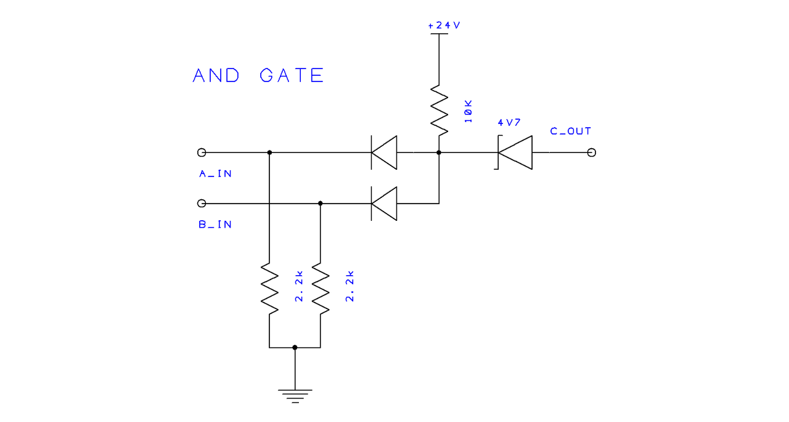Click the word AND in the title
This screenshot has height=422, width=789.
pyautogui.click(x=216, y=76)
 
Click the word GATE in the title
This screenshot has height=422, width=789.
pyautogui.click(x=292, y=76)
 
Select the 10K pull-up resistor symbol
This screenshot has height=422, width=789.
pyautogui.click(x=439, y=109)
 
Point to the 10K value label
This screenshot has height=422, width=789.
pyautogui.click(x=468, y=112)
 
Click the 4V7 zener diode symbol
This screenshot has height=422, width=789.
pyautogui.click(x=514, y=152)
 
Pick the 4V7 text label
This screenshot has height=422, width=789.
pyautogui.click(x=509, y=122)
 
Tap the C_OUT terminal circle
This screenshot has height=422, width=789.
pyautogui.click(x=592, y=152)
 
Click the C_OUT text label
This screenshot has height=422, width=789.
pyautogui.click(x=570, y=131)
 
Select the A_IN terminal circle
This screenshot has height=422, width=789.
pyautogui.click(x=201, y=152)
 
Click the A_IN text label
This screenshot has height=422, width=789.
pyautogui.click(x=215, y=174)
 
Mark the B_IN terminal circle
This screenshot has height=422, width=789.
pyautogui.click(x=201, y=203)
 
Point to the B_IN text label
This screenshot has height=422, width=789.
pyautogui.click(x=215, y=225)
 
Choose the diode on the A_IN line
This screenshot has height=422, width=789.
pyautogui.click(x=383, y=152)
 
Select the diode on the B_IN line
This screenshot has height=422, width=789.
pyautogui.click(x=383, y=203)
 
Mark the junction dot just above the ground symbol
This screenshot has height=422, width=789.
pyautogui.click(x=295, y=347)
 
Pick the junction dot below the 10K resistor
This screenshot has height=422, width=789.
pyautogui.click(x=439, y=152)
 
